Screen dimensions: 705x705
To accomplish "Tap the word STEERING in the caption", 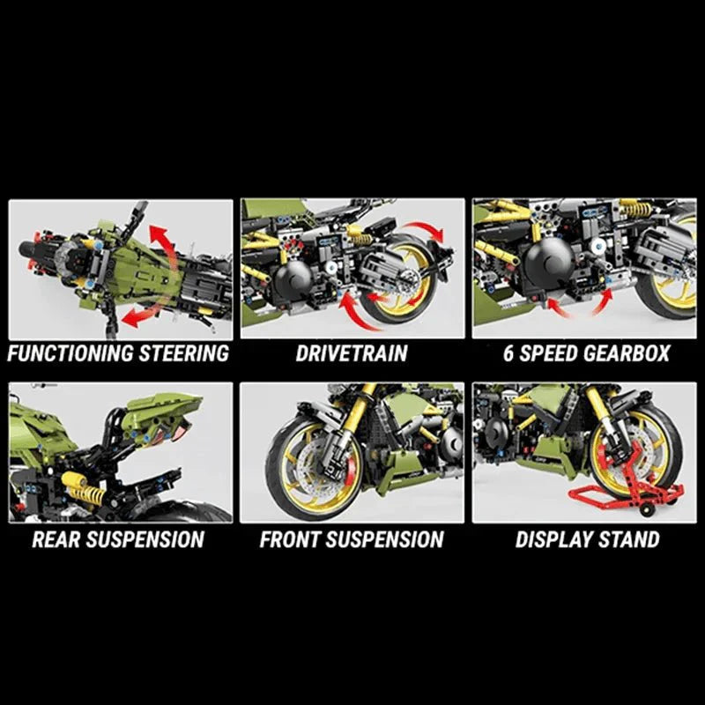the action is (x=184, y=353).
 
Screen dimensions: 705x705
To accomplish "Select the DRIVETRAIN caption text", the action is (x=352, y=353).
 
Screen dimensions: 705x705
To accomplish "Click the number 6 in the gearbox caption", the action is (x=508, y=353).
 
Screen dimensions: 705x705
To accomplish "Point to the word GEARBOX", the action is (x=627, y=353).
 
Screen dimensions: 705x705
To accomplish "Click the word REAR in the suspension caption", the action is (x=56, y=539).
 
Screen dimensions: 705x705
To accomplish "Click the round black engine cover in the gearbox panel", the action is (x=548, y=262).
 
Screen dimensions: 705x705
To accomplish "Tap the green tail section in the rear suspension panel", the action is (x=161, y=412).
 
